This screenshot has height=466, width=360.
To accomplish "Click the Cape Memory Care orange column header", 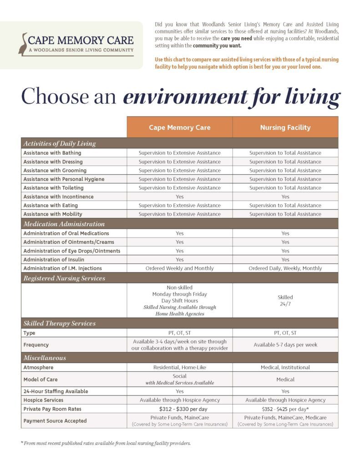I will [179, 127].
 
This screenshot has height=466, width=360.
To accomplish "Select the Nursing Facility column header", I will [285, 127].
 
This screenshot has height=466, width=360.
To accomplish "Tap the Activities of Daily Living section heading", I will [60, 143].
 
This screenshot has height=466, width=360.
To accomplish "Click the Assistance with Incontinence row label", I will [58, 197].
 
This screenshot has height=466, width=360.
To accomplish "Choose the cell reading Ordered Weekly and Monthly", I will [179, 268].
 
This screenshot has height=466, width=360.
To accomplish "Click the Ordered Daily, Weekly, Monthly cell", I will [285, 268].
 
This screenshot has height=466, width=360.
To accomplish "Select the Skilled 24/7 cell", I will [285, 300].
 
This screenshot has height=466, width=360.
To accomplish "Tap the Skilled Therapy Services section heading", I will [60, 324].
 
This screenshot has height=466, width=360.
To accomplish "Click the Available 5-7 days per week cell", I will [285, 344].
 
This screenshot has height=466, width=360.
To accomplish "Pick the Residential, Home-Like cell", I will [179, 367].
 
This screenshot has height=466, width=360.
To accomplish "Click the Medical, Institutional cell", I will [285, 367].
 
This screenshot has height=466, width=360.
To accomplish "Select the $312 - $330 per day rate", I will [179, 409].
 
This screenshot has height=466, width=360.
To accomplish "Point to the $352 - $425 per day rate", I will [285, 409].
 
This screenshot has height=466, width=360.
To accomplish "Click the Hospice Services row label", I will [43, 400].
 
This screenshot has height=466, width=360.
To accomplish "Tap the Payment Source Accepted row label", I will [55, 421].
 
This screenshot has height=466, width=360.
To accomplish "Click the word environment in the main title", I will [184, 97].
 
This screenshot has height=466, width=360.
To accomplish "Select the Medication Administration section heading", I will [64, 224].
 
